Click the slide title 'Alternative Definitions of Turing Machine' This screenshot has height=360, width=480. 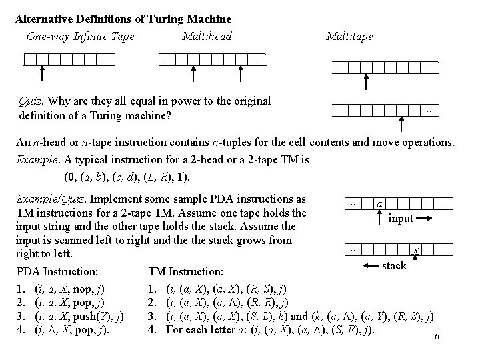coord(123,19)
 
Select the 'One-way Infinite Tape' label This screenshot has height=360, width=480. coord(81,36)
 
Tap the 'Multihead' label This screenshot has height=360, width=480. coord(207,36)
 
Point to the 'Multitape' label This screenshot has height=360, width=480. coord(349,36)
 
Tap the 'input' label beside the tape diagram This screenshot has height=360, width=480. coord(401,218)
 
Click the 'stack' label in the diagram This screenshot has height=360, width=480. coord(394,265)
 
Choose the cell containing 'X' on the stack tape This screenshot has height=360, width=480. coord(416,250)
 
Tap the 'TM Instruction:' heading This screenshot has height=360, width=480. coord(186,272)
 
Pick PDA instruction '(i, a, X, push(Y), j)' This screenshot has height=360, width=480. coord(79,316)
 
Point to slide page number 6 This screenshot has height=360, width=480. coord(437,337)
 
